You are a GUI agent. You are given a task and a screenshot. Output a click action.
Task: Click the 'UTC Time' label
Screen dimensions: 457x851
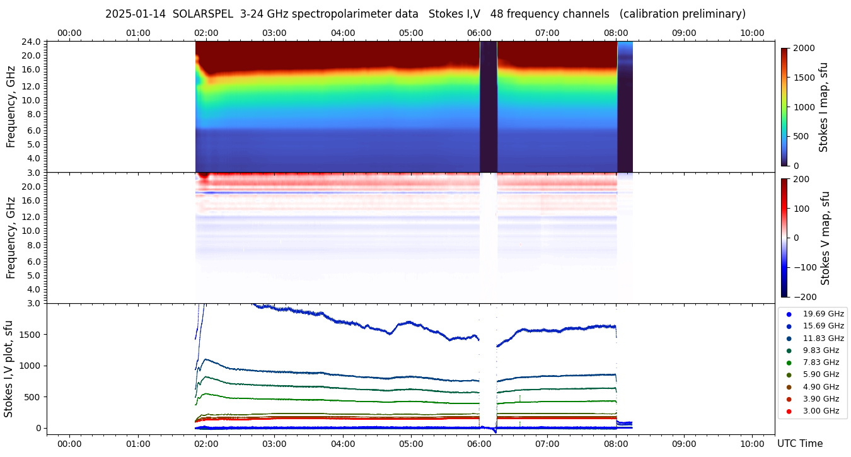[799, 444]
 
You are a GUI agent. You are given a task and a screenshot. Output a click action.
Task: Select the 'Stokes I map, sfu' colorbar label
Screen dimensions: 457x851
[823, 107]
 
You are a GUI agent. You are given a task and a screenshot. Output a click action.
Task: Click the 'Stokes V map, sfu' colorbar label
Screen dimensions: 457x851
[825, 238]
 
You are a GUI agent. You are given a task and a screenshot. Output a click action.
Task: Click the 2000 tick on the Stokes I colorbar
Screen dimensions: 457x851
[804, 49]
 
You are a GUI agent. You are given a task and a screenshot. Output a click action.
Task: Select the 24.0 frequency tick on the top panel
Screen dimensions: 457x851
[32, 42]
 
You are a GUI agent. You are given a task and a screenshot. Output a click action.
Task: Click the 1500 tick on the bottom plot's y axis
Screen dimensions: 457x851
[29, 335]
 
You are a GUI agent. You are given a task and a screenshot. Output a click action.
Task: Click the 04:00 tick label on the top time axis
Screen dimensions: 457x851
[342, 33]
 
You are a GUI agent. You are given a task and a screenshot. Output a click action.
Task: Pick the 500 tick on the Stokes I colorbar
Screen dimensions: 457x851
[801, 137]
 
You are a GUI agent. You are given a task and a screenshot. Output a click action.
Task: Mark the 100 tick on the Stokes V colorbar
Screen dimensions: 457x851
[801, 208]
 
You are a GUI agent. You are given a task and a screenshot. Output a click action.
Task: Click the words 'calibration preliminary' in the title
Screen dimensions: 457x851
[683, 14]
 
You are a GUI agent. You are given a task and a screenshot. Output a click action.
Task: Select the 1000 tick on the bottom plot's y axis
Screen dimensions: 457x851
[29, 366]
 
